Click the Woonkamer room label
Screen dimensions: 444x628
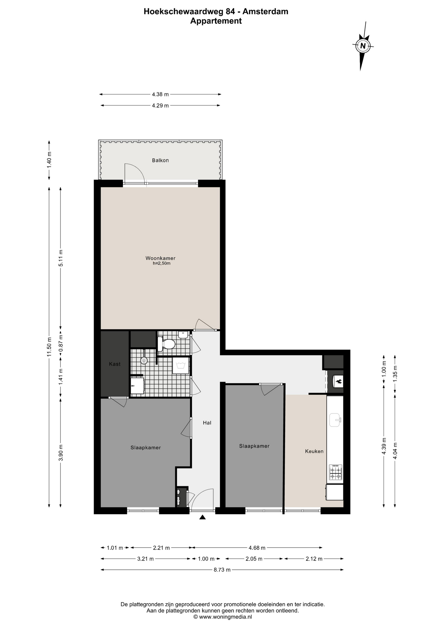160,258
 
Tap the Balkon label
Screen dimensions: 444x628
160,160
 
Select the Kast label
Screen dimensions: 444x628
115,364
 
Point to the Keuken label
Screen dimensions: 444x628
314,451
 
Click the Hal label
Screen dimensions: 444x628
207,423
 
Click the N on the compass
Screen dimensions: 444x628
363,46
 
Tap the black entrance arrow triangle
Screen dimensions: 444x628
203,517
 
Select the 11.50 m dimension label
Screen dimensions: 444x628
49,347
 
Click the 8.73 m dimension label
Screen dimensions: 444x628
222,569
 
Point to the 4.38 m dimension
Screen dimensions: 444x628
160,94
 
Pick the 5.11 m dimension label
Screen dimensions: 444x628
60,258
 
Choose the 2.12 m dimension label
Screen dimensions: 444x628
314,558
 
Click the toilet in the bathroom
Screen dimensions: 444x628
167,344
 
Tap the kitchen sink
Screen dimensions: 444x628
335,420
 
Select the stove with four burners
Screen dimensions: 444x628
335,472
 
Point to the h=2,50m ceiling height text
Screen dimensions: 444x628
162,263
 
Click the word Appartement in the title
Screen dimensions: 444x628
216,21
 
